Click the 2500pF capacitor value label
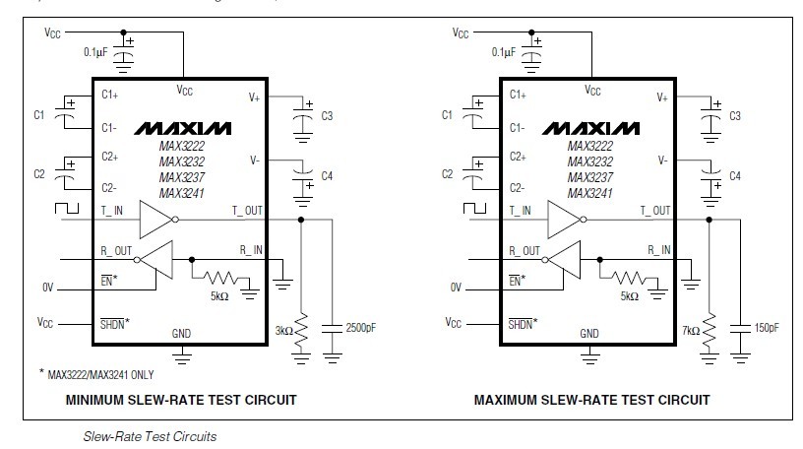362,327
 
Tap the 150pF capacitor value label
766,327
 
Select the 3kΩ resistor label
285,331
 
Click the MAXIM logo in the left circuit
183,129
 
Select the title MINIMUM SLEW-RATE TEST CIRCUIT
180,401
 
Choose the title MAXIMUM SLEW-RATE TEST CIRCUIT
591,401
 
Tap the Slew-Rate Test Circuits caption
150,435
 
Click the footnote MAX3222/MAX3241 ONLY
98,374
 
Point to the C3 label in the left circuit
327,116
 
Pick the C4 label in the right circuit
734,175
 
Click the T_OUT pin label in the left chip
247,211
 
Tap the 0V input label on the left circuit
45,288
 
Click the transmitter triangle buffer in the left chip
156,219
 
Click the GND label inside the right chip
589,334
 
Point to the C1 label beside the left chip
39,115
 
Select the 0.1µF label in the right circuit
496,51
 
